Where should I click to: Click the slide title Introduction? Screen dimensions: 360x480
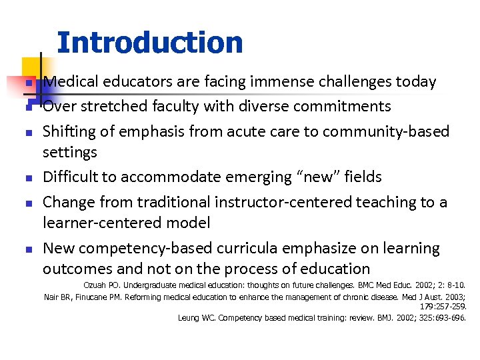pos(150,43)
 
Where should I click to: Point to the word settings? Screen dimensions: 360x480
pos(70,153)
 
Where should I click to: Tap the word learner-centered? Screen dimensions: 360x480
pos(106,223)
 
